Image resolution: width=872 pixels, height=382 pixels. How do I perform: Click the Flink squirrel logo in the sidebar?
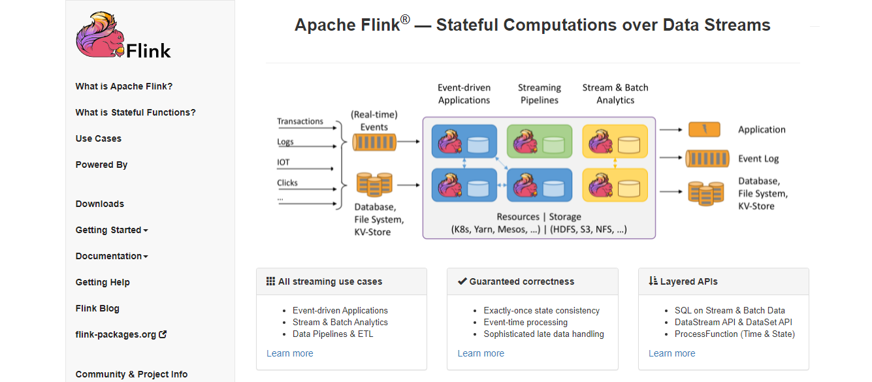[x=101, y=35]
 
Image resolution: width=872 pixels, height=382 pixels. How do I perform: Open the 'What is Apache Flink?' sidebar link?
[x=124, y=86]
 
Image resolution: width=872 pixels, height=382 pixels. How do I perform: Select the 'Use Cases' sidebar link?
[x=99, y=138]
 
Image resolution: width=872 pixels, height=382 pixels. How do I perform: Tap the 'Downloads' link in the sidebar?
[x=100, y=204]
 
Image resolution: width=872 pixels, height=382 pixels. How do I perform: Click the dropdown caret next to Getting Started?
[x=146, y=231]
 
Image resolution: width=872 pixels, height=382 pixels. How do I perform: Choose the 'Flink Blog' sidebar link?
[x=97, y=308]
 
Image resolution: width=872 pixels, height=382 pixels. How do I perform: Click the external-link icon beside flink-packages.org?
[x=163, y=334]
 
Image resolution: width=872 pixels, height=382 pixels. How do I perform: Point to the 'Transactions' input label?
[x=300, y=121]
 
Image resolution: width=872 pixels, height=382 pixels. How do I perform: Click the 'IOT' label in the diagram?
[x=283, y=162]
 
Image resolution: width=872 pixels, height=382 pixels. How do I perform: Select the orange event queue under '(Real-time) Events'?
[x=374, y=142]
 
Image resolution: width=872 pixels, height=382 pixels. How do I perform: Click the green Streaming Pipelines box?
[x=540, y=141]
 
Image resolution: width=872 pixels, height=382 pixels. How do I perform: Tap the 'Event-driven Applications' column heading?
[x=464, y=94]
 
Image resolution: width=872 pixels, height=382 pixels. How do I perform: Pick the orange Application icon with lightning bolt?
[x=704, y=129]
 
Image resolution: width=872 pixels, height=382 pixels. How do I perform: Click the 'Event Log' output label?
[x=758, y=159]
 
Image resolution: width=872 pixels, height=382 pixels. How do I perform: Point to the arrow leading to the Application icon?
[x=671, y=129]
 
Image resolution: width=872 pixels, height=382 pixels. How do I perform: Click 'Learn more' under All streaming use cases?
[x=289, y=353]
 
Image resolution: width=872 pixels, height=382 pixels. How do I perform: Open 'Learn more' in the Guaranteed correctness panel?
[x=481, y=353]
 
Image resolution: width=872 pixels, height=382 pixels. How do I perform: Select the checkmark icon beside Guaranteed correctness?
[x=462, y=281]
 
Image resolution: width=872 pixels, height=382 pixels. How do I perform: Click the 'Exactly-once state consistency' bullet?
[x=541, y=310]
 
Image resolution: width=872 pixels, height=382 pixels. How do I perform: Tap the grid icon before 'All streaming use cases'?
[x=270, y=281]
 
